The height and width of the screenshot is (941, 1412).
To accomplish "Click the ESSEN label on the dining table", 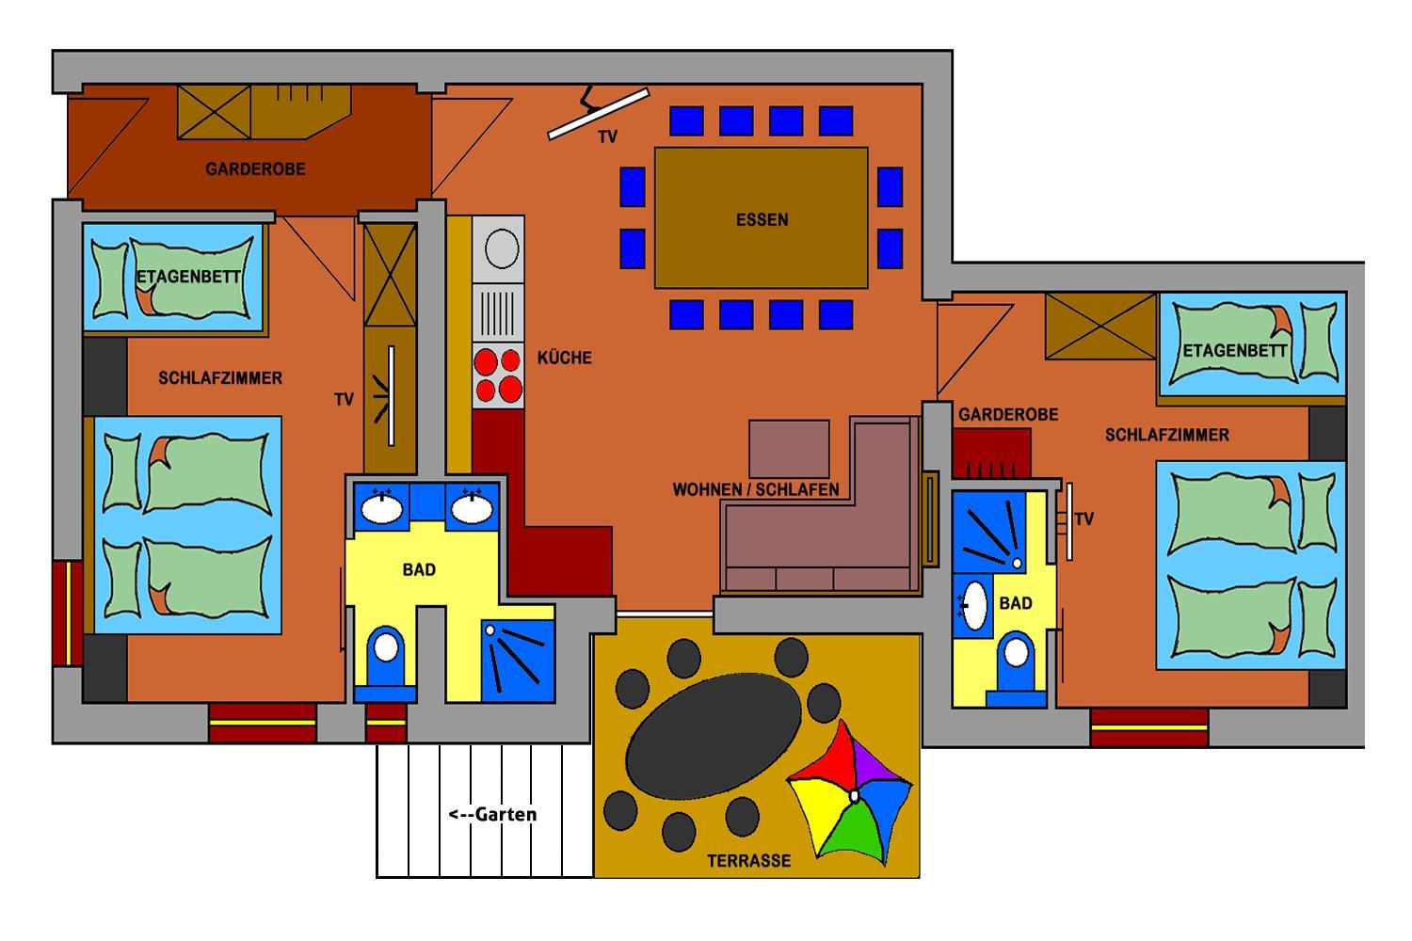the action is pos(762,220).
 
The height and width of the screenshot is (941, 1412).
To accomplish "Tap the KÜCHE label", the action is pos(564,358).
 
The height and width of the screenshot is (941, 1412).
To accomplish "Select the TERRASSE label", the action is pos(748,861).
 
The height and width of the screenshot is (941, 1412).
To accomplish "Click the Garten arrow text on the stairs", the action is pos(492,814).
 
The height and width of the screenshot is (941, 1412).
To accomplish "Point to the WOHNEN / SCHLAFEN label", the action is pos(755,489).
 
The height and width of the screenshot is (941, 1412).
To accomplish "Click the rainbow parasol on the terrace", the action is pos(850,793).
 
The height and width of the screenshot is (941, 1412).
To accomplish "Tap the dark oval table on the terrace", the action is pos(714,736).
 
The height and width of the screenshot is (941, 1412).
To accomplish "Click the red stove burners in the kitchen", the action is pos(498,375).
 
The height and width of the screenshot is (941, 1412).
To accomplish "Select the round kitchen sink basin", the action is pos(502,248).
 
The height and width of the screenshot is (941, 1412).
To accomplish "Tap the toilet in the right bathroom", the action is pos(1016,668).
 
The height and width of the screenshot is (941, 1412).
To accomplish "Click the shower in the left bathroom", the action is pos(518,662).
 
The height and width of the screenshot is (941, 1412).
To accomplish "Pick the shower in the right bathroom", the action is pos(989,532).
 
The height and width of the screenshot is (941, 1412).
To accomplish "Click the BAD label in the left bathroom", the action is pos(419,569).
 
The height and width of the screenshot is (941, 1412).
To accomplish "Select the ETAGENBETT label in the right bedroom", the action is pos(1234,350).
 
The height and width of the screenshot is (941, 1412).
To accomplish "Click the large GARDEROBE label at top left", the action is pos(255,169).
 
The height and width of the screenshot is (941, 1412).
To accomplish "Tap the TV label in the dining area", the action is pos(608,136).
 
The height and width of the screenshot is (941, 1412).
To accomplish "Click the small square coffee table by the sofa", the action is pos(789,449).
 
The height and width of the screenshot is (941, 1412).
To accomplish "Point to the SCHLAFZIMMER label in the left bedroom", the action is pos(220,378).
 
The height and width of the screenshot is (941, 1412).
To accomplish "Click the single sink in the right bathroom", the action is pos(974,606).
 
